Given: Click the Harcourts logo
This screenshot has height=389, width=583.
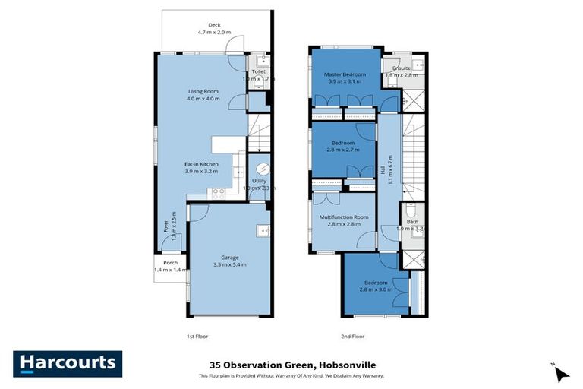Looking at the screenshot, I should pyautogui.click(x=68, y=364).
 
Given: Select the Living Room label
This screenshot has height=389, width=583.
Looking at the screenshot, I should pyautogui.click(x=203, y=91).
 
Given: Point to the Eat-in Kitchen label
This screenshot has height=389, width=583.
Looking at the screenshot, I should pyautogui.click(x=201, y=164).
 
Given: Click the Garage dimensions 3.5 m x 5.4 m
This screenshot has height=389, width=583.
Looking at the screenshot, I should pyautogui.click(x=230, y=265).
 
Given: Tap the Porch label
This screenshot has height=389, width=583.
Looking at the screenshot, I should pyautogui.click(x=170, y=263).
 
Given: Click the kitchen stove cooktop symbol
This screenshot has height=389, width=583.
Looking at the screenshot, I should pyautogui.click(x=217, y=191).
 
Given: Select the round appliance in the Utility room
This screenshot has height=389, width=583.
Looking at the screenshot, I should pyautogui.click(x=263, y=168).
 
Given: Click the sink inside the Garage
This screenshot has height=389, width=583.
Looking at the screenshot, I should pyautogui.click(x=263, y=230).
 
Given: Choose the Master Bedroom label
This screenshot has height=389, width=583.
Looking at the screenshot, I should pyautogui.click(x=345, y=74).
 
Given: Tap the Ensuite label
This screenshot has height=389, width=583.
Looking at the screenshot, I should pyautogui.click(x=402, y=68).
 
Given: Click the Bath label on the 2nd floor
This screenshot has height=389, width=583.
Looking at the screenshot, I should pyautogui.click(x=411, y=222).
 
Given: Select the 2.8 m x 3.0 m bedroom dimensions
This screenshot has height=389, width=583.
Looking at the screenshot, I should pyautogui.click(x=375, y=289).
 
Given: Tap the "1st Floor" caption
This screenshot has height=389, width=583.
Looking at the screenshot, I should pyautogui.click(x=197, y=336).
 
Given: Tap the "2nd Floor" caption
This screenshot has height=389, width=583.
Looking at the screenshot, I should pyautogui.click(x=353, y=336).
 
